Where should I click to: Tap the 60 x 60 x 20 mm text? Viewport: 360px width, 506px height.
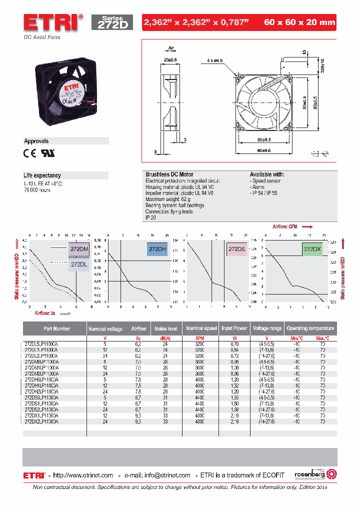[x=298, y=22]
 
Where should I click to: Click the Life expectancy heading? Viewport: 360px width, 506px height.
[x=42, y=175]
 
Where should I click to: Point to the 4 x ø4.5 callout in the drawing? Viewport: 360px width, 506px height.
[x=215, y=60]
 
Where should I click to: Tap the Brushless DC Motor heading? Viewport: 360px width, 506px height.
[x=169, y=174]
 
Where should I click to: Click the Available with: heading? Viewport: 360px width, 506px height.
[x=267, y=174]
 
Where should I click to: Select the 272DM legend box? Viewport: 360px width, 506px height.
[x=79, y=248]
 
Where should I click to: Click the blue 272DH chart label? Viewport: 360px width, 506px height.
[x=157, y=249]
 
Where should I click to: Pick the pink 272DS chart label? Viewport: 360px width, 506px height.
[x=236, y=249]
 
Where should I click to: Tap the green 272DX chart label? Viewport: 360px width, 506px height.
[x=312, y=249]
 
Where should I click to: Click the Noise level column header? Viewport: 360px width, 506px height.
[x=166, y=328]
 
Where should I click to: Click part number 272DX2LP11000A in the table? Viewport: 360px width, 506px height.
[x=41, y=422]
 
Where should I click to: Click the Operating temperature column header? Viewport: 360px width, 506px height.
[x=310, y=328]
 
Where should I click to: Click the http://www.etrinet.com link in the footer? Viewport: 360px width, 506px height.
[x=83, y=475]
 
